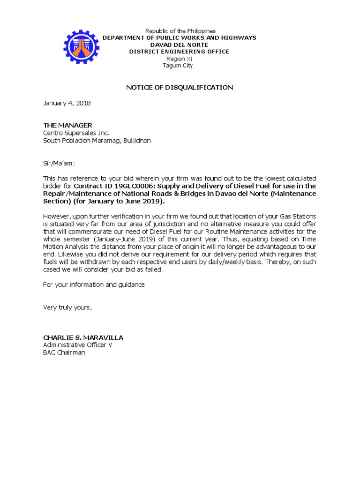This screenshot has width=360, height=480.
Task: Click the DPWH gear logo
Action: pyautogui.click(x=82, y=47)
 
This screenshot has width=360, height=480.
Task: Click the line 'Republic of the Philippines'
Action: pyautogui.click(x=180, y=31)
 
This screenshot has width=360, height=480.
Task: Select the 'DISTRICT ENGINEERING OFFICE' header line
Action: pyautogui.click(x=180, y=52)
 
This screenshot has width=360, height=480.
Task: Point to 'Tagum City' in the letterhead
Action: pyautogui.click(x=177, y=66)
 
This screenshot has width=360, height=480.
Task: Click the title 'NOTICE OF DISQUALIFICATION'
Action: pyautogui.click(x=180, y=88)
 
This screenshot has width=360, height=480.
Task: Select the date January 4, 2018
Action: pyautogui.click(x=67, y=103)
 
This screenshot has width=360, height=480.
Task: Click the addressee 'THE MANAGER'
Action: pyautogui.click(x=68, y=125)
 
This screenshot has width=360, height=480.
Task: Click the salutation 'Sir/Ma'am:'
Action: pyautogui.click(x=59, y=163)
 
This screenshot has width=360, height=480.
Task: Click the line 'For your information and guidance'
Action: pyautogui.click(x=94, y=285)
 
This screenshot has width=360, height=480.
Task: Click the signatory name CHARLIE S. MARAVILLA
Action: pyautogui.click(x=83, y=337)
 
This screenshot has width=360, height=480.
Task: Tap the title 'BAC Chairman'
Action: pyautogui.click(x=64, y=352)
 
